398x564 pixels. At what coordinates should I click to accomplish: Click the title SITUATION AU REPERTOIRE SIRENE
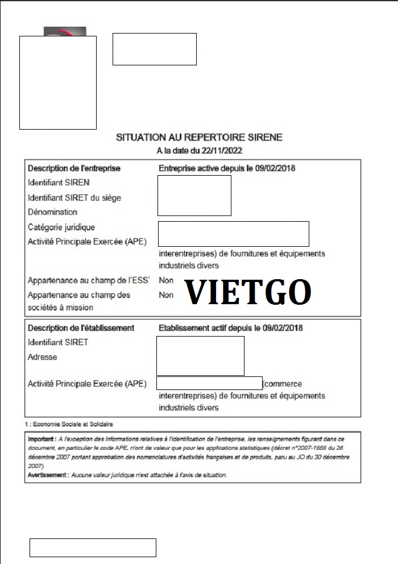pyautogui.click(x=199, y=138)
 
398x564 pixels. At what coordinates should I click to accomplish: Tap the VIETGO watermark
pyautogui.click(x=248, y=292)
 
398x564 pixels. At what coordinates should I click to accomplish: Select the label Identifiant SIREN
pyautogui.click(x=59, y=183)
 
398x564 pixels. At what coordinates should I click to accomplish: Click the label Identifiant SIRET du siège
pyautogui.click(x=74, y=198)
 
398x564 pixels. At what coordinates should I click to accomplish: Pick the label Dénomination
pyautogui.click(x=52, y=212)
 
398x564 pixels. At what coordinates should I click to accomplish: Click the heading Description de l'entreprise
pyautogui.click(x=74, y=168)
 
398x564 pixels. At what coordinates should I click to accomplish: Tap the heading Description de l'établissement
pyautogui.click(x=81, y=328)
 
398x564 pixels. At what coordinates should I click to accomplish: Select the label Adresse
pyautogui.click(x=42, y=357)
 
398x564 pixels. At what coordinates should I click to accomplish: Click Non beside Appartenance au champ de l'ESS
pyautogui.click(x=166, y=280)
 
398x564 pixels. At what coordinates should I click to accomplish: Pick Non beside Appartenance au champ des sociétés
pyautogui.click(x=166, y=295)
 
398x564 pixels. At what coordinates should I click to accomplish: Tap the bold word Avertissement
pyautogui.click(x=48, y=475)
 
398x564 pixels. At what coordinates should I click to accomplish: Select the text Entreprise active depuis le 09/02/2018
pyautogui.click(x=227, y=168)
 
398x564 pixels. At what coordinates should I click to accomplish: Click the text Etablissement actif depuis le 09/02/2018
pyautogui.click(x=230, y=328)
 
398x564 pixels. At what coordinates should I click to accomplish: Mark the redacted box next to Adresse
pyautogui.click(x=200, y=356)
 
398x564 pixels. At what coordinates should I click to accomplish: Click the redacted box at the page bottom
pyautogui.click(x=93, y=548)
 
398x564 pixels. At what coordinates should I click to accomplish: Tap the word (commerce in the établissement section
pyautogui.click(x=283, y=384)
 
